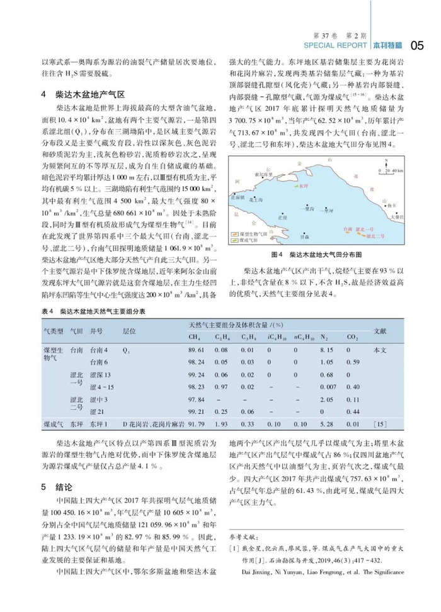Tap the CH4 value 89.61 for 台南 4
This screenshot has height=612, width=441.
196,349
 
